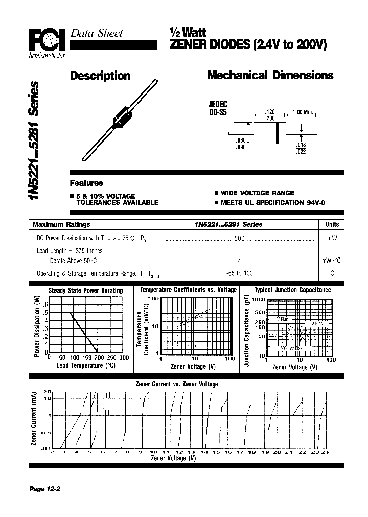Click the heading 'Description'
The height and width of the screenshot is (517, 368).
[x=100, y=76]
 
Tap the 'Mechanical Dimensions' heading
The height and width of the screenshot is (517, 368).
[x=270, y=76]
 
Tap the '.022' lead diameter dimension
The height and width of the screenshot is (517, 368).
[x=301, y=152]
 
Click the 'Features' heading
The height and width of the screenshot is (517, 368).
[x=86, y=183]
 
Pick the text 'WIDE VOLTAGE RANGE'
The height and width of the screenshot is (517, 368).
[x=257, y=193]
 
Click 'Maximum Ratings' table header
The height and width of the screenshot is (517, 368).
[x=61, y=224]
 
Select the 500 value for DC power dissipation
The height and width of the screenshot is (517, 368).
[x=239, y=238]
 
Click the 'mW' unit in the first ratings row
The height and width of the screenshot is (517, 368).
[x=331, y=238]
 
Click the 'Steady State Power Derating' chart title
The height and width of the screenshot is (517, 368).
[x=85, y=290]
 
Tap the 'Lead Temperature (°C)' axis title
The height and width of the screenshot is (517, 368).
[x=85, y=366]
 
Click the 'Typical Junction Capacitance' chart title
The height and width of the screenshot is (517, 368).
[x=293, y=290]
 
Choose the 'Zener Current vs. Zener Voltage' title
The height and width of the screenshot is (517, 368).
[x=176, y=384]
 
